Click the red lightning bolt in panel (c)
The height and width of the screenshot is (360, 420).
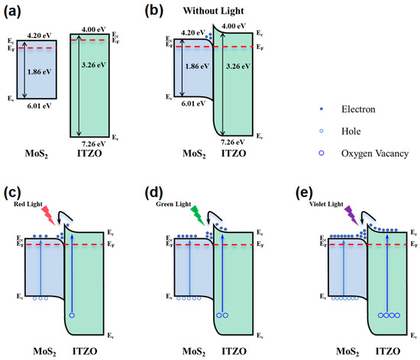(49, 216)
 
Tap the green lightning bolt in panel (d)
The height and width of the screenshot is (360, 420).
(198, 216)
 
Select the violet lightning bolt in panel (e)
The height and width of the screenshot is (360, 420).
(351, 216)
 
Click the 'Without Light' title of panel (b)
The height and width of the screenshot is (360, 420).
(213, 11)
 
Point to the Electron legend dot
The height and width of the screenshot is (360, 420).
(321, 109)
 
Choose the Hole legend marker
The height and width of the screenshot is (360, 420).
(321, 131)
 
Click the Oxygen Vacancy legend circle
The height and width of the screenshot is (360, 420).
(321, 153)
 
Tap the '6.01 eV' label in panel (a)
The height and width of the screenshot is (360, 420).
(39, 106)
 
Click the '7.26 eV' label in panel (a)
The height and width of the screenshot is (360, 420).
(93, 144)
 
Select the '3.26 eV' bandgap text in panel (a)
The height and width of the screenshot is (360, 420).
(93, 65)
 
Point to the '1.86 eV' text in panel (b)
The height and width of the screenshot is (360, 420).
(197, 66)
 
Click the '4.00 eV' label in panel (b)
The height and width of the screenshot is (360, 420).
(234, 26)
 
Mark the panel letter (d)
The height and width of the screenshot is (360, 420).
(153, 193)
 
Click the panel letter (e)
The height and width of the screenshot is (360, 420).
(304, 193)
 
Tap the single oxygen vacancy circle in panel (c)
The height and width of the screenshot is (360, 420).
(72, 315)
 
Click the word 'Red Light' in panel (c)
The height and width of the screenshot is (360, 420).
(28, 204)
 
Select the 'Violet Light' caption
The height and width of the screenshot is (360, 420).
(326, 204)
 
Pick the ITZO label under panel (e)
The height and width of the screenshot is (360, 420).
(388, 351)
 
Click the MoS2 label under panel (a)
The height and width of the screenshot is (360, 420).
(37, 154)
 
